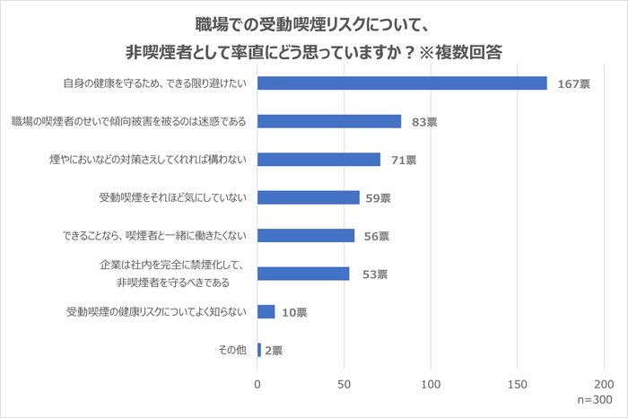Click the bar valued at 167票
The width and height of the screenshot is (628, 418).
tap(402, 83)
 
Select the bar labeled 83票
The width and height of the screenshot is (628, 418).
tap(329, 121)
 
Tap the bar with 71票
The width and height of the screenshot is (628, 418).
tap(318, 160)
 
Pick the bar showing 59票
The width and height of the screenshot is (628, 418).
tap(309, 197)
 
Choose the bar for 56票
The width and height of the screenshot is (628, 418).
tap(306, 236)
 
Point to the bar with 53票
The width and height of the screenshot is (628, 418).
tap(303, 274)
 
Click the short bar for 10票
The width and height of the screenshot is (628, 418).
tap(266, 312)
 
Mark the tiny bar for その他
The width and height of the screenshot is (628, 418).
tap(259, 350)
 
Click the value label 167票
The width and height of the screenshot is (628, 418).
tap(572, 83)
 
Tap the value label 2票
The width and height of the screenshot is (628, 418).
tap(274, 351)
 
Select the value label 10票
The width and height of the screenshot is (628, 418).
tap(294, 313)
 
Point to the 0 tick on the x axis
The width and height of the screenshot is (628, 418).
tap(257, 383)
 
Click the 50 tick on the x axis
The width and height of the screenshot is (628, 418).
tap(345, 383)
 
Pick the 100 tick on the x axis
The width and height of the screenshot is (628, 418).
tap(432, 383)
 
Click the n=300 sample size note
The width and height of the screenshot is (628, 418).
tap(596, 401)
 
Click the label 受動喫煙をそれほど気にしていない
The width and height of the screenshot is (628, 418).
tap(170, 197)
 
